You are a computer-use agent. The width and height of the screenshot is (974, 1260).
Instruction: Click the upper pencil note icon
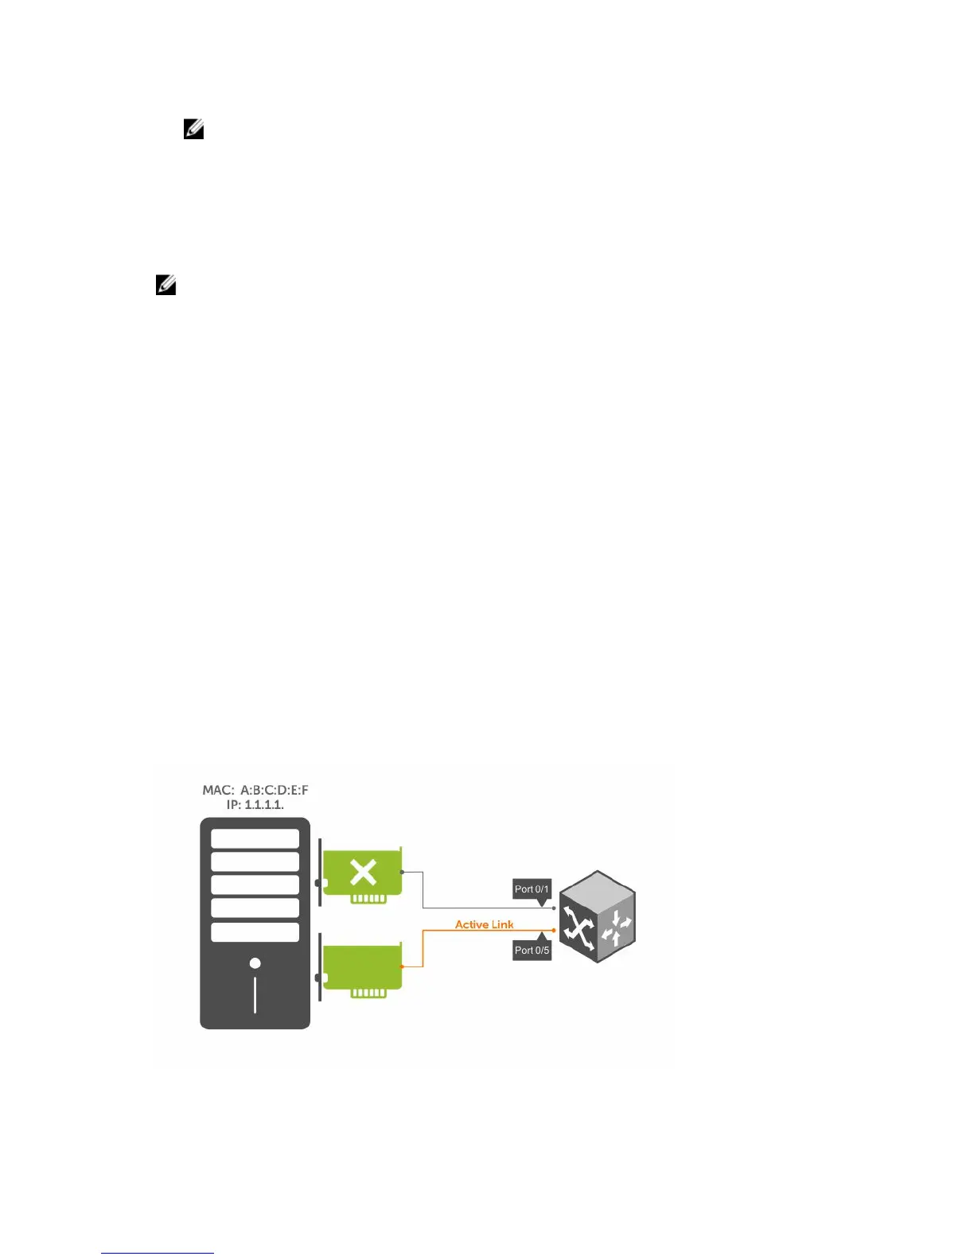point(193,129)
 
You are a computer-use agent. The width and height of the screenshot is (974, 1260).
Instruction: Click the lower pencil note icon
point(166,285)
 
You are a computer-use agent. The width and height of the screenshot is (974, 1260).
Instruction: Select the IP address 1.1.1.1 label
point(255,805)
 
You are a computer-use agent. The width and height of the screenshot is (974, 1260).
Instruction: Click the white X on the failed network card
point(363,873)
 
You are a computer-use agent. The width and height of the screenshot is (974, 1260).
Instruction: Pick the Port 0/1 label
point(532,889)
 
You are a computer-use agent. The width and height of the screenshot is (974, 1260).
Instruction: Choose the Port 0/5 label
point(532,950)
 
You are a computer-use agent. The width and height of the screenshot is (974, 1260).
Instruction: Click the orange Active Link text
point(484,924)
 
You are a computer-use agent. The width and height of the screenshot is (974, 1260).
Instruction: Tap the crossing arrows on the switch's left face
point(579,927)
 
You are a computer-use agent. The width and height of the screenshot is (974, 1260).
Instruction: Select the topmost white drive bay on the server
point(255,838)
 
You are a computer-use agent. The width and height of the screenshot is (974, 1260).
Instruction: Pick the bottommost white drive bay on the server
point(255,931)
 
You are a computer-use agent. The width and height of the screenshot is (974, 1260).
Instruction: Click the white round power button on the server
point(255,963)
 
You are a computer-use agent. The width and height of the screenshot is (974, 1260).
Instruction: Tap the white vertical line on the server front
point(255,994)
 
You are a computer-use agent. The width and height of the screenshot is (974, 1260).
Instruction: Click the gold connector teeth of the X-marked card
point(368,899)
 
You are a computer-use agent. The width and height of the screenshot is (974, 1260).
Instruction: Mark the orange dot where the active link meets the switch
point(554,930)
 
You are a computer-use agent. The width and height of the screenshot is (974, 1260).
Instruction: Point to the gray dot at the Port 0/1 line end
point(554,908)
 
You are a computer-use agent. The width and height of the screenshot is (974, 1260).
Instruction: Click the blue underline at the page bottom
point(158,1253)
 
